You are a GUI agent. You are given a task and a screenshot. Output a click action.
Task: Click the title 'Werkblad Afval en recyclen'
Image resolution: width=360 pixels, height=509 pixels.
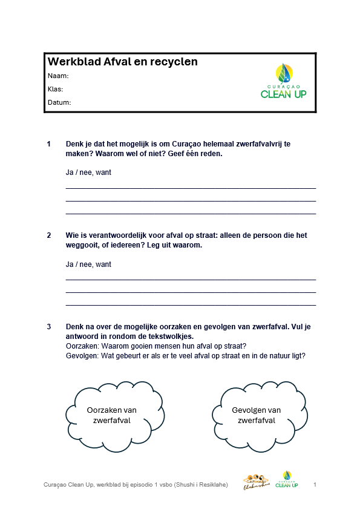[x=122, y=62]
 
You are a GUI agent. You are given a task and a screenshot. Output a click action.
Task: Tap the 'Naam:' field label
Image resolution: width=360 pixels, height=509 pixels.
[x=57, y=76]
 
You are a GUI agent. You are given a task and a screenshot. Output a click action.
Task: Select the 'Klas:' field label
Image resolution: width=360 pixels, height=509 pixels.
[x=55, y=89]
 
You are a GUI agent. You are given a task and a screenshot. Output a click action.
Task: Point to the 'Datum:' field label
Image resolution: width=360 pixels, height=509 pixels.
[x=59, y=102]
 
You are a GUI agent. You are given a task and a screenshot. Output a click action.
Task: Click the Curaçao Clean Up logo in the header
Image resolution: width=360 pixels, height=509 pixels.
[x=283, y=81]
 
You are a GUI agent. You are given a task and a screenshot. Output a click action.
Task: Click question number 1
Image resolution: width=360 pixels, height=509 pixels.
[x=48, y=145]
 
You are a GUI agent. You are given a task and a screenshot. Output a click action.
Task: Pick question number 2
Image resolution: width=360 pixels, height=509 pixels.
[x=48, y=235]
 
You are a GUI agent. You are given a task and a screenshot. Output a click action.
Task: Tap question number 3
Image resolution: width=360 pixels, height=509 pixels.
[x=48, y=327]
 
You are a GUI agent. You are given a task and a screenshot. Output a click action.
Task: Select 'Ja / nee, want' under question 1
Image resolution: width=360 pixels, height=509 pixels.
[x=88, y=172]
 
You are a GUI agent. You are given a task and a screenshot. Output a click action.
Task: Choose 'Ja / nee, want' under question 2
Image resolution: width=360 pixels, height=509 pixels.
[x=88, y=264]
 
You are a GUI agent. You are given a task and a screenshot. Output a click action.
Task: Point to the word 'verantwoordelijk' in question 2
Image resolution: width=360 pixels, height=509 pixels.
[x=113, y=235]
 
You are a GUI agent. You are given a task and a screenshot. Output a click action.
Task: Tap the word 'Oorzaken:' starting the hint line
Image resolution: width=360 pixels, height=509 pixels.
[x=82, y=346]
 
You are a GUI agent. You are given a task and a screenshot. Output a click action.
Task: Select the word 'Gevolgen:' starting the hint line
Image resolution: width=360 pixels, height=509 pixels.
[x=82, y=355]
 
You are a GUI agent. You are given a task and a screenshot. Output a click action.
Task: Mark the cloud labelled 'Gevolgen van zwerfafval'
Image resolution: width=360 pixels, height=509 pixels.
[x=256, y=415]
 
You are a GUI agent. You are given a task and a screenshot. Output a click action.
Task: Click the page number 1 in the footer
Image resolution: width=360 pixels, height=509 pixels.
[x=315, y=485]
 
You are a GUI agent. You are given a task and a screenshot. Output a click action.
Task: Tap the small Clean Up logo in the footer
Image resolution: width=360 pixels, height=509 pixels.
[x=286, y=480]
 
